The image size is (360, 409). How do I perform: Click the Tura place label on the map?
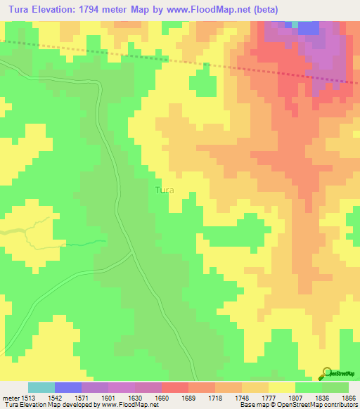click(164, 190)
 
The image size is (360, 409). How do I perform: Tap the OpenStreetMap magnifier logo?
click(328, 372)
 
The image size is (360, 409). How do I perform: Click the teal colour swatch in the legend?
click(41, 387)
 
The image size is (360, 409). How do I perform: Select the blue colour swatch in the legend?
click(68, 387)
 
